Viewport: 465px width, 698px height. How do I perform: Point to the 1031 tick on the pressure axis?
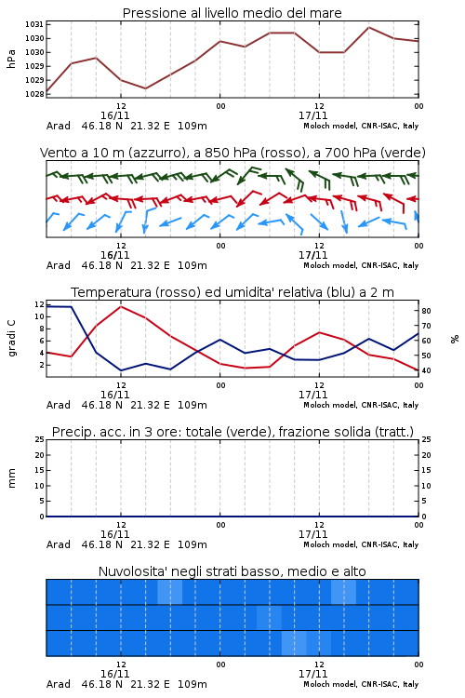coord(34,24)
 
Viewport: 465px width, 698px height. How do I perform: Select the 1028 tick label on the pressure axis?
coord(34,94)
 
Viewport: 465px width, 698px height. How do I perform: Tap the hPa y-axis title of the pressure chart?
coord(11,59)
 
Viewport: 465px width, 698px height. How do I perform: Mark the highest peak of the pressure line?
coord(368,28)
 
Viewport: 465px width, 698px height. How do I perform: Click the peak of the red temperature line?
coord(121,306)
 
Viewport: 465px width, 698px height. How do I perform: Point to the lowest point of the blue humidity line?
coord(121,370)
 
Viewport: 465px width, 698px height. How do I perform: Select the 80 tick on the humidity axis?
coord(426,311)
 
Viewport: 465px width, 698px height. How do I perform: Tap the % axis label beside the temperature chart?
coord(455,339)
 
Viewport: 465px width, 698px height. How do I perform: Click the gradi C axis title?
coord(11,338)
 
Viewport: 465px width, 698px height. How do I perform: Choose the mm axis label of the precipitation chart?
coord(11,478)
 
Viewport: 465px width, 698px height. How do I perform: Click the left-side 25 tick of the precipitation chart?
coord(40,439)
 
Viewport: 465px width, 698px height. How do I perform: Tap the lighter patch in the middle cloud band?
coord(269,617)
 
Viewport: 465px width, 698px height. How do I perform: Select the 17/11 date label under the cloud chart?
coord(312,674)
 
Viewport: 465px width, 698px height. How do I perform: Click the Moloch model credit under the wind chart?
coord(361,265)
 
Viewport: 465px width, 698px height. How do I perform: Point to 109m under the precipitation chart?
coord(193,544)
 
